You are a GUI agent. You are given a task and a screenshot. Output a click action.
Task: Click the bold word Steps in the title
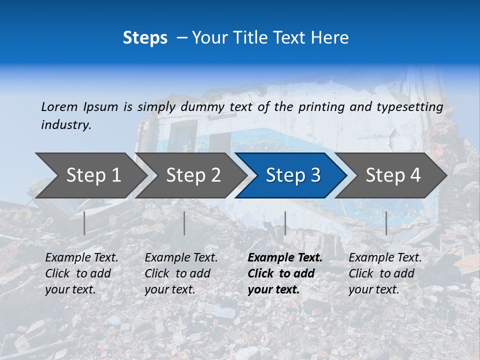[x=145, y=38]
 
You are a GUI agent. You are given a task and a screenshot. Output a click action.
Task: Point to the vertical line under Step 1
[x=84, y=223]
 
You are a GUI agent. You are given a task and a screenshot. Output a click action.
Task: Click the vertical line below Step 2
[x=184, y=223]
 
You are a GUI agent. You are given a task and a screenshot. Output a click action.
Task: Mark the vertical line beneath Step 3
[x=285, y=223]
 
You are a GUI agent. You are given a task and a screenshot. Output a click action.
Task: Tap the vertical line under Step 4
[x=386, y=223]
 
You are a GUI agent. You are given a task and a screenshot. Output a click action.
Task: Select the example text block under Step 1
[x=81, y=273]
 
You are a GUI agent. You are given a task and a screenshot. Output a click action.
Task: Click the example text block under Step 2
[x=181, y=273]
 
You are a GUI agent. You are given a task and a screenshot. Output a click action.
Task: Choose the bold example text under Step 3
[x=285, y=273]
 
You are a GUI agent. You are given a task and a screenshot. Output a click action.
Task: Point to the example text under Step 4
[x=385, y=273]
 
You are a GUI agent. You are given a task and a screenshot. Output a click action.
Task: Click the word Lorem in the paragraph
[x=59, y=106]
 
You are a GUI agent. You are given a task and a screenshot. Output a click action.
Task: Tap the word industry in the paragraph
[x=66, y=125]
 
